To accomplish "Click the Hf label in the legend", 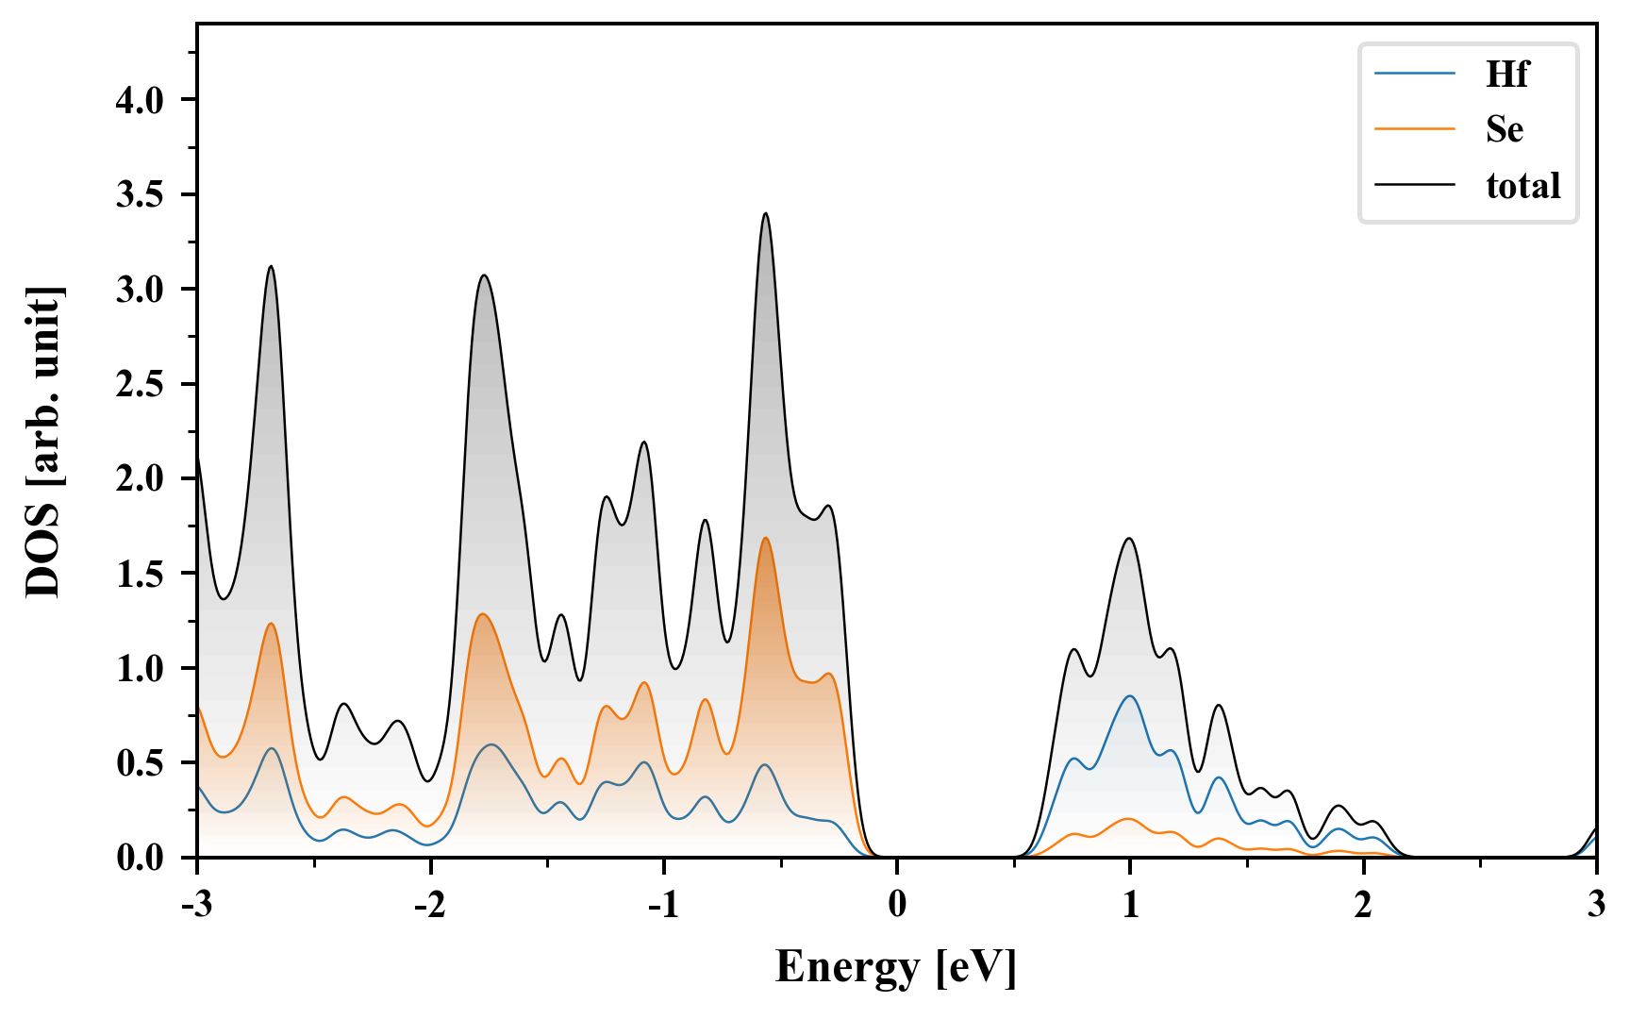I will [x=1506, y=74].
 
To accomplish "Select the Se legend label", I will [x=1505, y=129].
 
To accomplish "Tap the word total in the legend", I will [x=1523, y=185].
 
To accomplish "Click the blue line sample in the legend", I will [x=1415, y=74].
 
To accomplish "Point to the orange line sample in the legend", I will [x=1415, y=128].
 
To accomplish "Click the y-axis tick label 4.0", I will [x=140, y=100].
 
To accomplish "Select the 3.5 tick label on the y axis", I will [x=140, y=195].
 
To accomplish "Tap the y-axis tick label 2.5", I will [x=140, y=385].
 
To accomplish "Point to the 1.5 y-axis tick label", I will [x=140, y=575].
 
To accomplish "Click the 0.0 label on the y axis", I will [x=140, y=859].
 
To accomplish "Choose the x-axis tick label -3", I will [x=196, y=905].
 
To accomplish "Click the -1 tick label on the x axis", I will [x=663, y=905].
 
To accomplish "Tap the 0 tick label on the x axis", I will [x=897, y=905].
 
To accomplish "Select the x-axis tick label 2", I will [x=1363, y=905].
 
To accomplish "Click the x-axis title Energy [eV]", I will [x=896, y=967].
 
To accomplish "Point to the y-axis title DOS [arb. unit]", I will [x=43, y=442].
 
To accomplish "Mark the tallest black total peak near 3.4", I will [x=765, y=214].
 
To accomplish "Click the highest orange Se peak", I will [x=765, y=539].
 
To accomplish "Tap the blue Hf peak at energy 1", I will [x=1129, y=696].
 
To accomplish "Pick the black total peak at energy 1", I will [x=1129, y=539].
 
